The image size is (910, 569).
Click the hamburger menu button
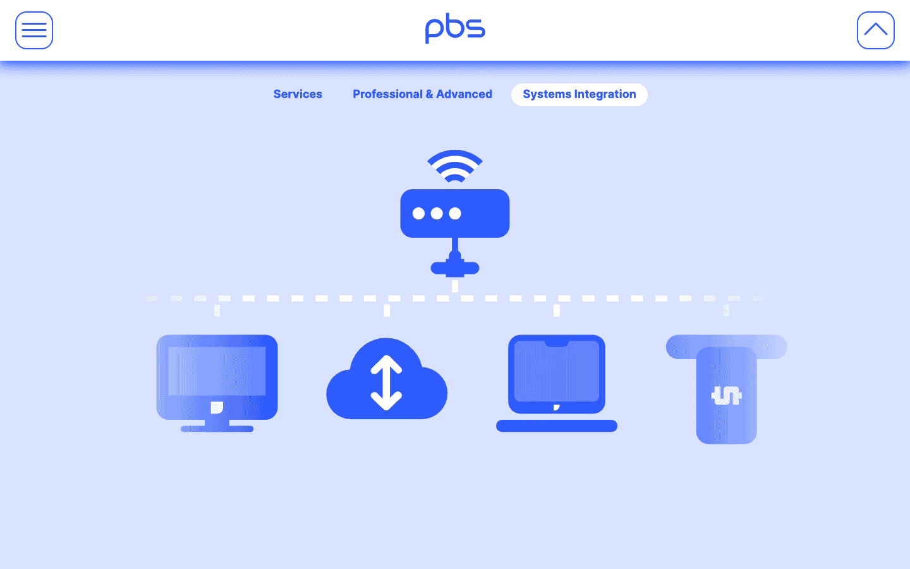34,30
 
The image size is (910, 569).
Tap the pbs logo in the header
455,28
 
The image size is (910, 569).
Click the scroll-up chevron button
875,30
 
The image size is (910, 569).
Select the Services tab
298,94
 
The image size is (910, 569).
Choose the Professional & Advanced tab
422,94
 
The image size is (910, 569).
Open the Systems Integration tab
579,94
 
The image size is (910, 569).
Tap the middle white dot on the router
437,214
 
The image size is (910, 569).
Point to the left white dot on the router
418,214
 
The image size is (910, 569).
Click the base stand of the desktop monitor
217,429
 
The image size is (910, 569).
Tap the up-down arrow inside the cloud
386,382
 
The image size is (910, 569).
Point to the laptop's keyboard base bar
556,426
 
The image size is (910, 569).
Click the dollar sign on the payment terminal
726,396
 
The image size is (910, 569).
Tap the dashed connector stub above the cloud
387,310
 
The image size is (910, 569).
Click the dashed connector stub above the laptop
557,310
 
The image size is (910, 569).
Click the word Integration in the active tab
605,94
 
